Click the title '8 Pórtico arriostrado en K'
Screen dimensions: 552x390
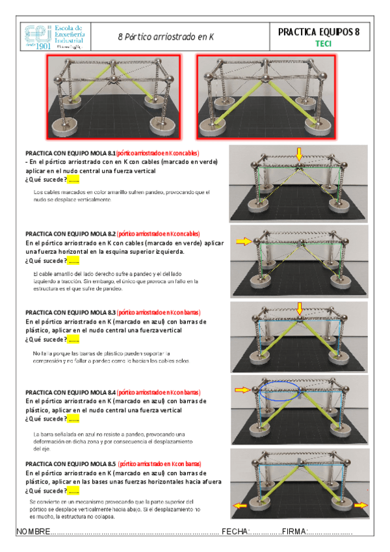coord(167,37)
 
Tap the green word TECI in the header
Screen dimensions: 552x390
coord(323,44)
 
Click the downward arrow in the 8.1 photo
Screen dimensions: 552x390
coord(298,154)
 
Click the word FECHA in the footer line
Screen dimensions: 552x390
coord(235,532)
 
